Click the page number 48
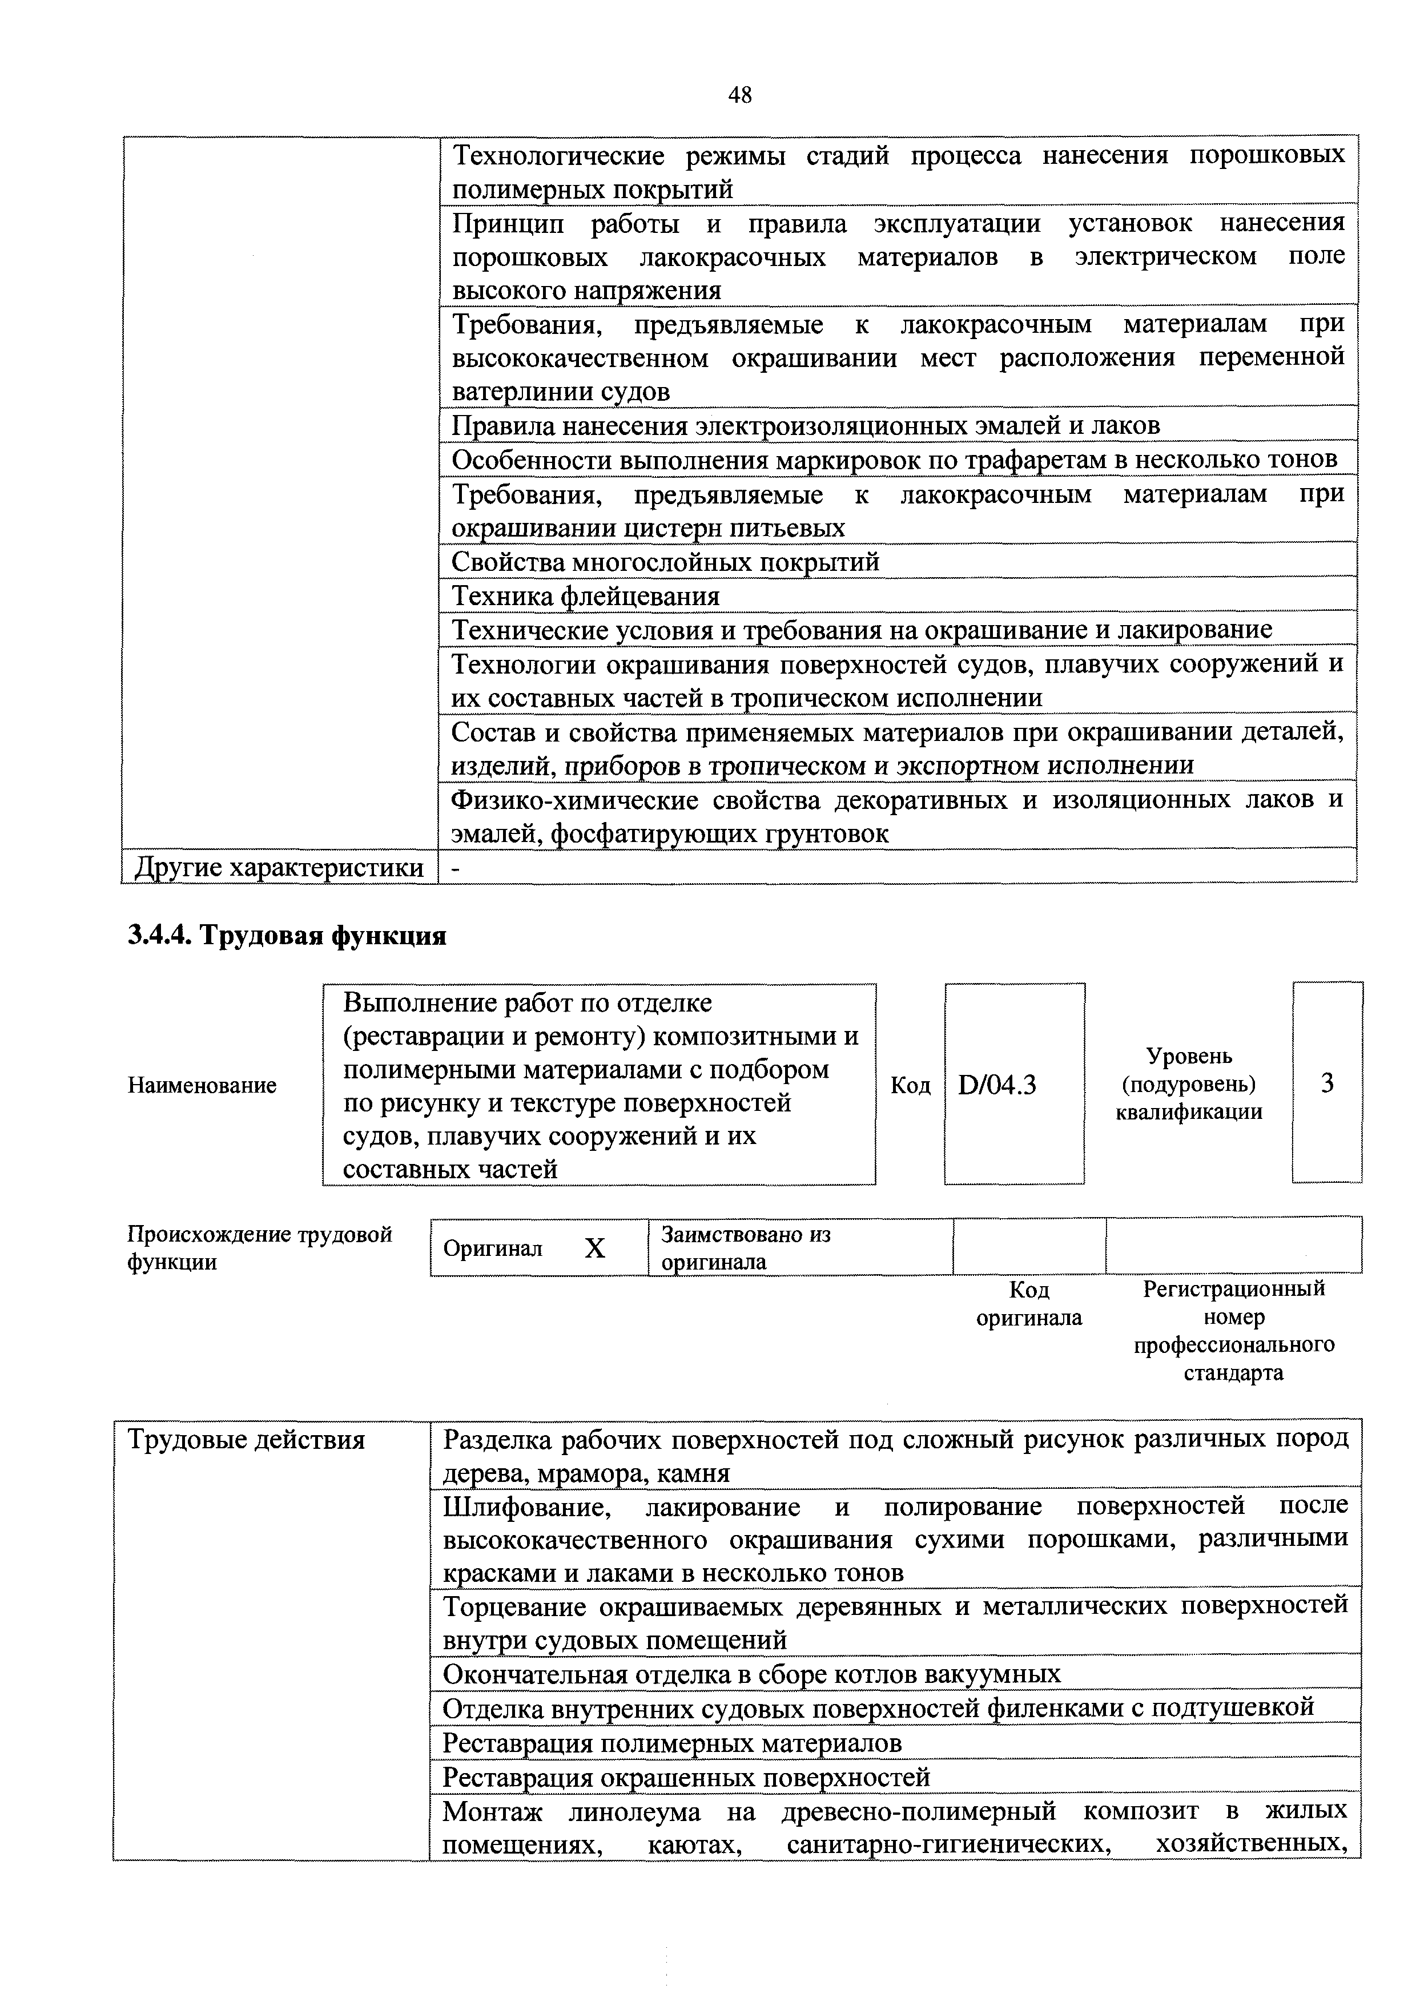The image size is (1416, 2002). pos(739,95)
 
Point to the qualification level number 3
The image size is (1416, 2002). pos(1327,1083)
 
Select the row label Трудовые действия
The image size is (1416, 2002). pos(246,1440)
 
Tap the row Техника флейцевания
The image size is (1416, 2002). pos(586,597)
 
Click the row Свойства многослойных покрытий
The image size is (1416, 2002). pos(665,562)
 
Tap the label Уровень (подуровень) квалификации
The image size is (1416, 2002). pos(1189,1084)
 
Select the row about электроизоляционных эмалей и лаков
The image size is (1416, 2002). pos(806,425)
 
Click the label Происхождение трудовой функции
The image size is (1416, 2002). pos(260,1248)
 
